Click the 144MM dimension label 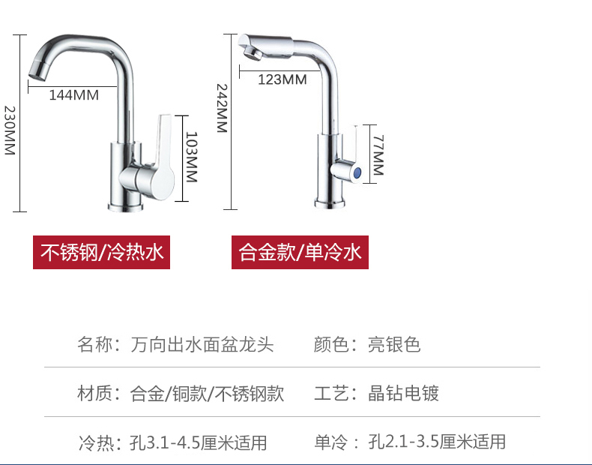coord(73,95)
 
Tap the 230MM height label coord(9,130)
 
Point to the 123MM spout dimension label coord(282,79)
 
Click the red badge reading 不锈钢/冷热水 coord(101,252)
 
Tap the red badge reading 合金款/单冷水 coord(300,252)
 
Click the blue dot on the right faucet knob coord(358,172)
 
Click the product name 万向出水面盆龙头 coord(202,345)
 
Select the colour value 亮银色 coord(394,345)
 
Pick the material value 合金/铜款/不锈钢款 coord(207,393)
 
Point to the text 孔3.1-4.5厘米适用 coord(198,442)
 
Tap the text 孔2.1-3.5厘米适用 coord(437,442)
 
